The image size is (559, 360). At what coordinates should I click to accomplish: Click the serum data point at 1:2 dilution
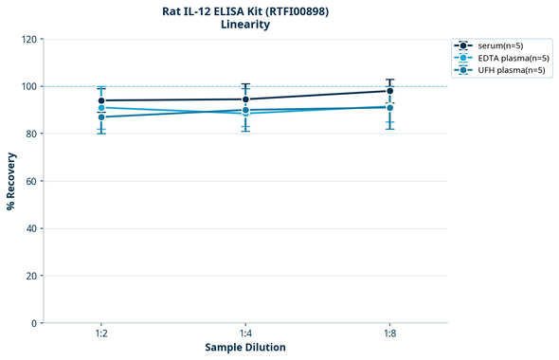(x=101, y=100)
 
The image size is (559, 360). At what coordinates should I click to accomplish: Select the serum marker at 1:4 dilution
(x=245, y=99)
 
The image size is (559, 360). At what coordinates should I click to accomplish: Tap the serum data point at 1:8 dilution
(x=389, y=91)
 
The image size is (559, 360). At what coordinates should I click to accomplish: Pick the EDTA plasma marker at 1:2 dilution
(x=101, y=108)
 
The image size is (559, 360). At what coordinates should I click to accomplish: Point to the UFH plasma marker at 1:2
(x=101, y=117)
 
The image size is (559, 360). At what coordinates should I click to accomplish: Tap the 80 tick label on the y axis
(x=30, y=135)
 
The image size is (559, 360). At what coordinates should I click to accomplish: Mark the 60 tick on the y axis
(x=30, y=182)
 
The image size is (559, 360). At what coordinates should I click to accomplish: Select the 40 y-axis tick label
(x=30, y=229)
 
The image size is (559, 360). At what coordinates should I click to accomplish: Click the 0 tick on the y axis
(x=33, y=324)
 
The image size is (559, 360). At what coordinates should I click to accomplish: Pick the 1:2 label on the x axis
(x=101, y=334)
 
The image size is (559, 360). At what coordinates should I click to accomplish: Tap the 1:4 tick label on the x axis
(x=245, y=334)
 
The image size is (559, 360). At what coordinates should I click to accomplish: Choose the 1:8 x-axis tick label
(x=389, y=334)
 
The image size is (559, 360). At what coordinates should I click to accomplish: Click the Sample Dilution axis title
(x=245, y=348)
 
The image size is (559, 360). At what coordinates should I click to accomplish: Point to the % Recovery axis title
(x=11, y=181)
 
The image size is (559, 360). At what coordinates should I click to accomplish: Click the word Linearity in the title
(x=245, y=25)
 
